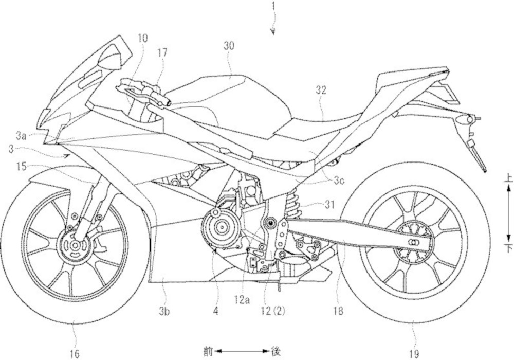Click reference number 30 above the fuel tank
coord(229,45)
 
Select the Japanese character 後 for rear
coord(276,352)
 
